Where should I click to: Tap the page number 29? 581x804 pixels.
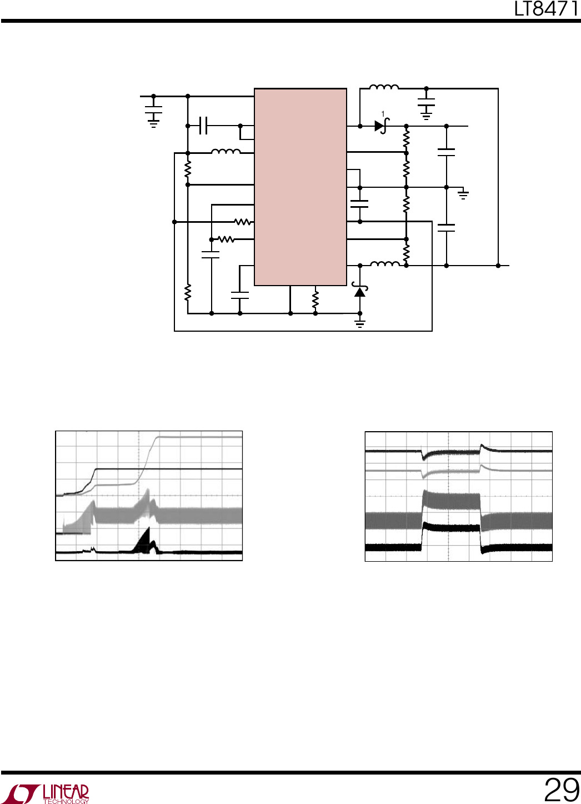562,790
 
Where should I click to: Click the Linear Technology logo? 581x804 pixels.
48,793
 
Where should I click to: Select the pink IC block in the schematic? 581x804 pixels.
300,187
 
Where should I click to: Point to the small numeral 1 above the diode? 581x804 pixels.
383,114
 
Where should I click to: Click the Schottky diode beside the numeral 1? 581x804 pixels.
382,126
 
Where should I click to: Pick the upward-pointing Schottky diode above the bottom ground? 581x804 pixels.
359,290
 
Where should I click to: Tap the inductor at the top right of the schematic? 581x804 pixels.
384,87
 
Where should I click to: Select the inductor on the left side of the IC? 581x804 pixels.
226,151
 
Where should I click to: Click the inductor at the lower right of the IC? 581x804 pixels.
385,264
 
